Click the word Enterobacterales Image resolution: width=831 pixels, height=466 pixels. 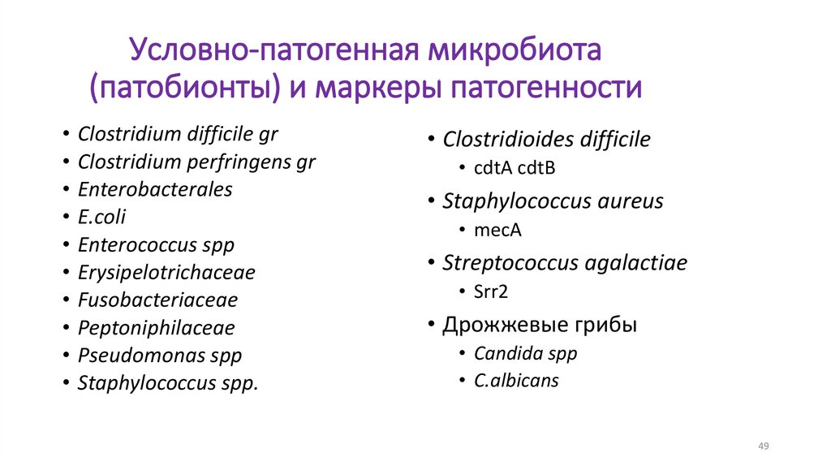tap(155, 190)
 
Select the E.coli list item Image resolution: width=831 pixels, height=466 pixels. tap(102, 218)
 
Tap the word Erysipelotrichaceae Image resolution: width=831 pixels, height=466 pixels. tap(166, 273)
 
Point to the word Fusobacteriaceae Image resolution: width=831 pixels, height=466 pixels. tap(157, 300)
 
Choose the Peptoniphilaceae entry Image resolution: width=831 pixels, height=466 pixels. tap(156, 328)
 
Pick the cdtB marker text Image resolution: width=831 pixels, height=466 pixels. tap(535, 168)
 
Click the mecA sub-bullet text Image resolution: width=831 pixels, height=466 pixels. tap(497, 230)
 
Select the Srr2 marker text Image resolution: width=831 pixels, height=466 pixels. tap(491, 291)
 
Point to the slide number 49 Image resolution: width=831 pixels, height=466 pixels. tap(763, 447)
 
